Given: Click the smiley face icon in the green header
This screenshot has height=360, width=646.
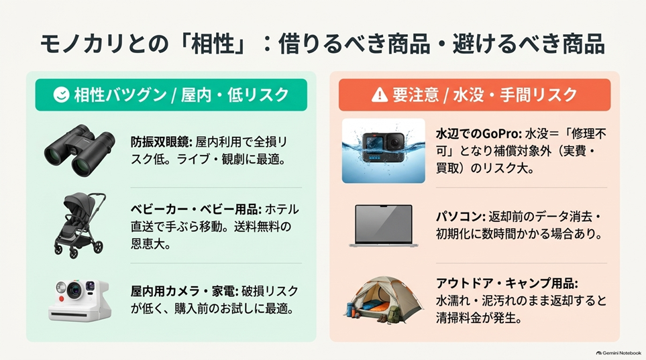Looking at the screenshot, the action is pos(62,95).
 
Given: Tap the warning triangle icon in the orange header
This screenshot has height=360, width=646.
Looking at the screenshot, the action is pos(380,95).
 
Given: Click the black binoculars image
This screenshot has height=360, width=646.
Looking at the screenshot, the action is pos(80,150).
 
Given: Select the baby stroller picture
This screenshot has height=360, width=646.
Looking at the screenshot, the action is pos(80,225).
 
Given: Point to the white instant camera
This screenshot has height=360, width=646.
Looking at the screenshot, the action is pos(80,300).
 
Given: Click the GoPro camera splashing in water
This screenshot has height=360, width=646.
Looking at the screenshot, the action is pos(384,151).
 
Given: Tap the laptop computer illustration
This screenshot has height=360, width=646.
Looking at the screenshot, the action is pos(384,226).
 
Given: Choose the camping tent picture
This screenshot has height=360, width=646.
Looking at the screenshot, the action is pos(384,300).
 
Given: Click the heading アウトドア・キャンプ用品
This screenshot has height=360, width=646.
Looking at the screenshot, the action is pos(506,284).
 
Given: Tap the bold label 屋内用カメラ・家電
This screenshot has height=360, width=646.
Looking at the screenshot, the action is pos(184,291).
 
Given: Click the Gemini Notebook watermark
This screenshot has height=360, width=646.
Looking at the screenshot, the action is pos(618,353).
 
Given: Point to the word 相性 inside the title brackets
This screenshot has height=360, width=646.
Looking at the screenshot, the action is pos(213,44).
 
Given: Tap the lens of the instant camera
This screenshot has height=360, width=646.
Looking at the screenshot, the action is pos(74,290).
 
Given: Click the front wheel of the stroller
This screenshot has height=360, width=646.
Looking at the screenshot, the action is pos(98,247).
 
